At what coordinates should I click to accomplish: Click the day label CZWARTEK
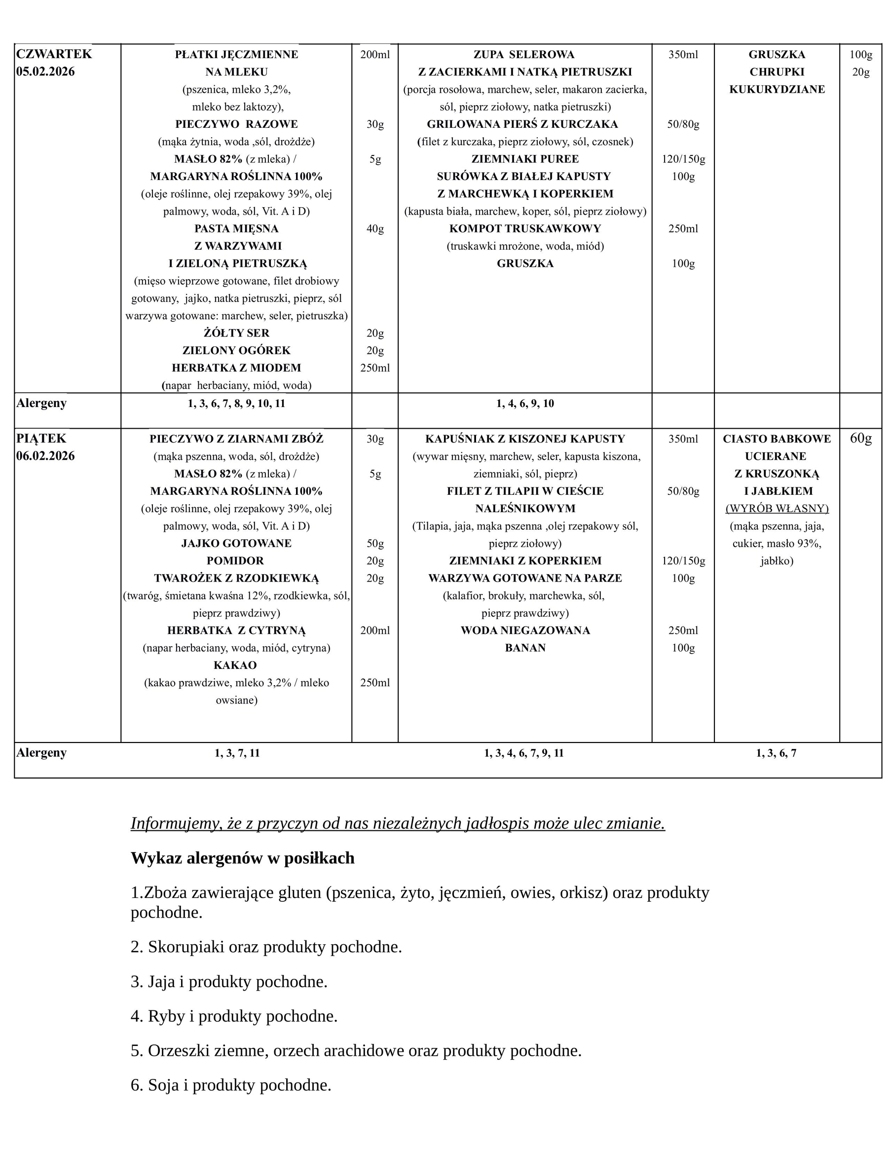tap(54, 54)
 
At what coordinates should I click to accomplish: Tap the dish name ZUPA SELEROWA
tap(524, 55)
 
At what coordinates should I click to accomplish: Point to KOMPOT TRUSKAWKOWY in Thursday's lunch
tap(524, 229)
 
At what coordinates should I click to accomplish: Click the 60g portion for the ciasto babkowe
tap(861, 438)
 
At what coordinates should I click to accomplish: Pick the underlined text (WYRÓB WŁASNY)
tap(777, 509)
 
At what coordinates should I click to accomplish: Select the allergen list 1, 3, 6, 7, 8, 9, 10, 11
tap(236, 404)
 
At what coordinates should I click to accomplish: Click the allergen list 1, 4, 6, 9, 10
tap(524, 404)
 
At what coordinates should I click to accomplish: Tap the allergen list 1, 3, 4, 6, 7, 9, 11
tap(523, 753)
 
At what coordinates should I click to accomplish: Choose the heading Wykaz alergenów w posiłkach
tap(243, 858)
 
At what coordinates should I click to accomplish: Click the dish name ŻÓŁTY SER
tap(236, 333)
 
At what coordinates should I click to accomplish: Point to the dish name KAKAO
tap(235, 666)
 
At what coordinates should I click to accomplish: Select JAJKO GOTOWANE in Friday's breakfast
tap(236, 544)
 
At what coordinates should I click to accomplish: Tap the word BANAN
tap(525, 648)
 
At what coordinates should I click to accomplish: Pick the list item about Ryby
tap(234, 1016)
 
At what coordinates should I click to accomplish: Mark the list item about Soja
tap(231, 1085)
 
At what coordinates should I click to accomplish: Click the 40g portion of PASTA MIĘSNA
tap(375, 229)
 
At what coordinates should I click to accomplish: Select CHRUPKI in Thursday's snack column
tap(777, 72)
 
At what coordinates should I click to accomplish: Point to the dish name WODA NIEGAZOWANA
tap(525, 631)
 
